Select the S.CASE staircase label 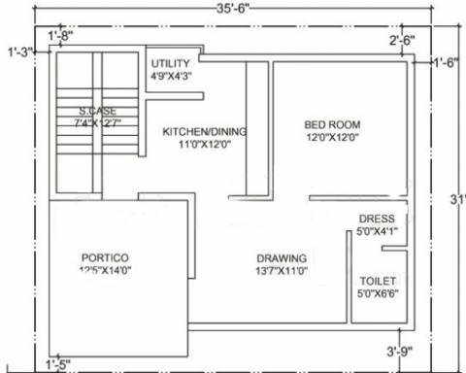tap(98, 111)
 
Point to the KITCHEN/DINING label tap(205, 131)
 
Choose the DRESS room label tap(377, 219)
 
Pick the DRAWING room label tap(283, 257)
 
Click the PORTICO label tap(105, 257)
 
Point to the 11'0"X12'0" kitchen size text tap(204, 145)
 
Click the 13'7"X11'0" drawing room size tap(283, 271)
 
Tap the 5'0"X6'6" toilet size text tap(378, 292)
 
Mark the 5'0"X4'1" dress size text tap(377, 232)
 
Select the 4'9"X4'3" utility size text tap(171, 75)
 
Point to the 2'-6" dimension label tap(402, 40)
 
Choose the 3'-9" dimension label tap(399, 351)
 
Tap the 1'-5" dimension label tap(57, 364)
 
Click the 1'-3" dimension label tap(19, 51)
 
